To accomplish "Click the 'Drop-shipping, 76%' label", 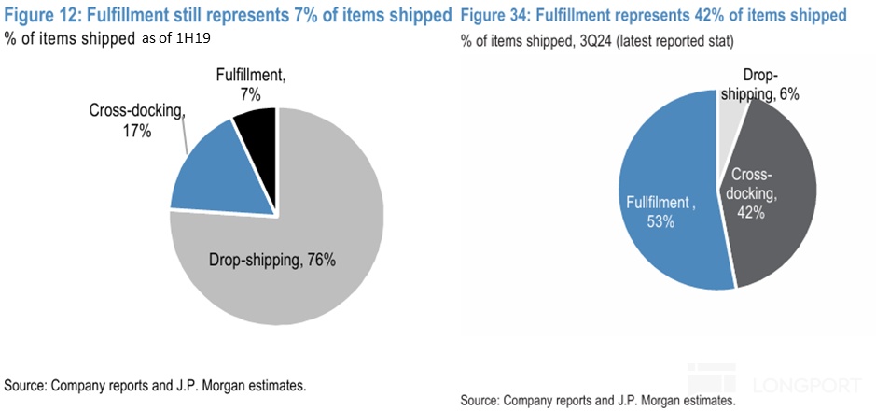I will click(266, 260).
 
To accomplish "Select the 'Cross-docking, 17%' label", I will click(136, 120).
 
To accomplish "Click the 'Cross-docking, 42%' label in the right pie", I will click(753, 193).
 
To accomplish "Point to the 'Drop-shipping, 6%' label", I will click(767, 85).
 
